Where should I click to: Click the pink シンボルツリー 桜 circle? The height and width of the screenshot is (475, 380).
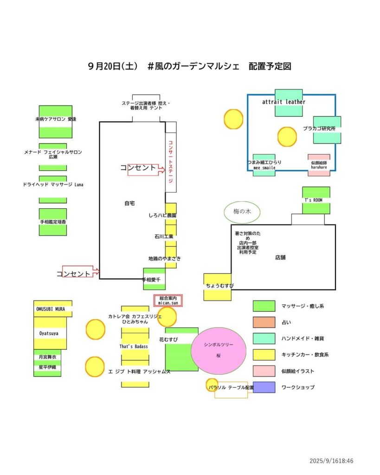point(218,350)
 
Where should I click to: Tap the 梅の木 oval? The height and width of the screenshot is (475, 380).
point(242,212)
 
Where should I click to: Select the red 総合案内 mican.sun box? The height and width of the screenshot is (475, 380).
point(168,301)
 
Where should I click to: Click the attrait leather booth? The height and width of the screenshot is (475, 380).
point(288,103)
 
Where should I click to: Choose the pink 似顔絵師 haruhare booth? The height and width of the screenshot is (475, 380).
point(319,165)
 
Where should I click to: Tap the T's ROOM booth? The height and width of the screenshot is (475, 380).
point(316,200)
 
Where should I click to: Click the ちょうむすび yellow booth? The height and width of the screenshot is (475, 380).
point(217,286)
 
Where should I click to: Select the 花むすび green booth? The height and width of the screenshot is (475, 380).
point(181,349)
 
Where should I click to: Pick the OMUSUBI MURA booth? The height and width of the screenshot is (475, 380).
point(52,308)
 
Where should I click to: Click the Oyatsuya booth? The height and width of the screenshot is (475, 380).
point(50,333)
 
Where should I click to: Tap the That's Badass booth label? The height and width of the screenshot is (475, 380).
point(135,347)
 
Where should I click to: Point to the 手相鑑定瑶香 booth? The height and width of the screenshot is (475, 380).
point(52,222)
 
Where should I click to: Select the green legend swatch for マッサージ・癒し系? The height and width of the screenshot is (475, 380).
point(264,306)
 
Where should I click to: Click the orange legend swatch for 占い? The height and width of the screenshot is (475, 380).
point(264,322)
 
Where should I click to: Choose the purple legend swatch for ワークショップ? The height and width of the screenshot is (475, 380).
point(264,387)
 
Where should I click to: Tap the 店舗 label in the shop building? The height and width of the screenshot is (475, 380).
point(280,257)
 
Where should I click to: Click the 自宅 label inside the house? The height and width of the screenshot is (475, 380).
point(129,203)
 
